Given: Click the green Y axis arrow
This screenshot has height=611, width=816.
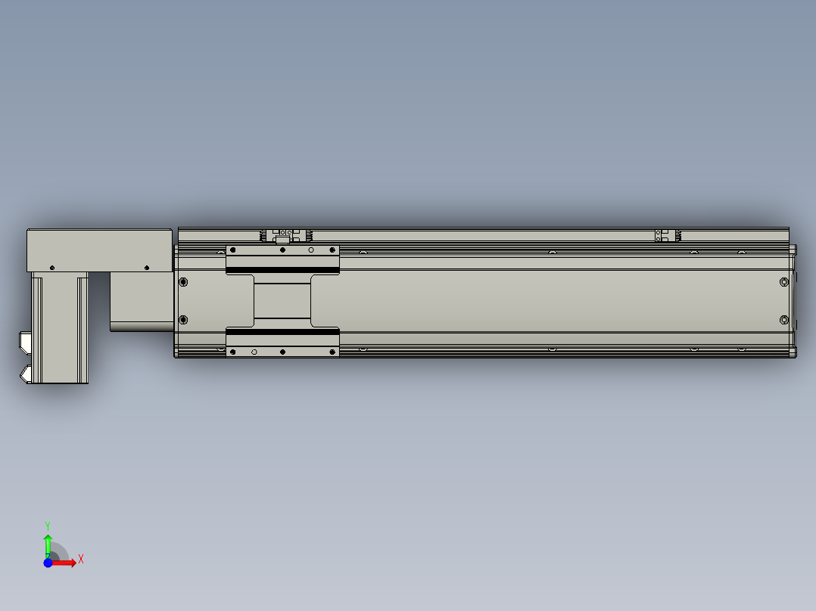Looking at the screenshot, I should coord(48,544).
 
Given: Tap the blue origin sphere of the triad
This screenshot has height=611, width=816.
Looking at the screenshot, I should coord(48,563).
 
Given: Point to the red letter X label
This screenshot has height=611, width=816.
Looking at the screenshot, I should coord(81,560).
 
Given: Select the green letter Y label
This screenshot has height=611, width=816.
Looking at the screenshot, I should coord(48,525).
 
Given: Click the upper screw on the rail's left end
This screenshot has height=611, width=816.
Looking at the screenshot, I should coord(183,283).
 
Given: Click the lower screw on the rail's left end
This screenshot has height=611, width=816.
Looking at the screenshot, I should coord(183,319).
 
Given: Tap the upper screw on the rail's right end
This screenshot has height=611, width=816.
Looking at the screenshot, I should coord(783,283).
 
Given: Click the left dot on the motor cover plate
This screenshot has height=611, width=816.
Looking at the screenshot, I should coord(51,268).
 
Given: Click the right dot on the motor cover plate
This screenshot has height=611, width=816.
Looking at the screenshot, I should coord(146,268).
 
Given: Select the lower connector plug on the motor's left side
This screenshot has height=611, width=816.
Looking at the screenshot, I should coord(25,374).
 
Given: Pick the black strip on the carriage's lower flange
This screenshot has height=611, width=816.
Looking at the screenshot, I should coord(282,331).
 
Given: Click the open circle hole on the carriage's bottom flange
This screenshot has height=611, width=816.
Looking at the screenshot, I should coord(254,352).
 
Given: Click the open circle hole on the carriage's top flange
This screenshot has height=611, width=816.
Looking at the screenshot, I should coord(310,250).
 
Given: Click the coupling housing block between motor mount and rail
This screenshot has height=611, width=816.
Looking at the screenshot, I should coord(142,301).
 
